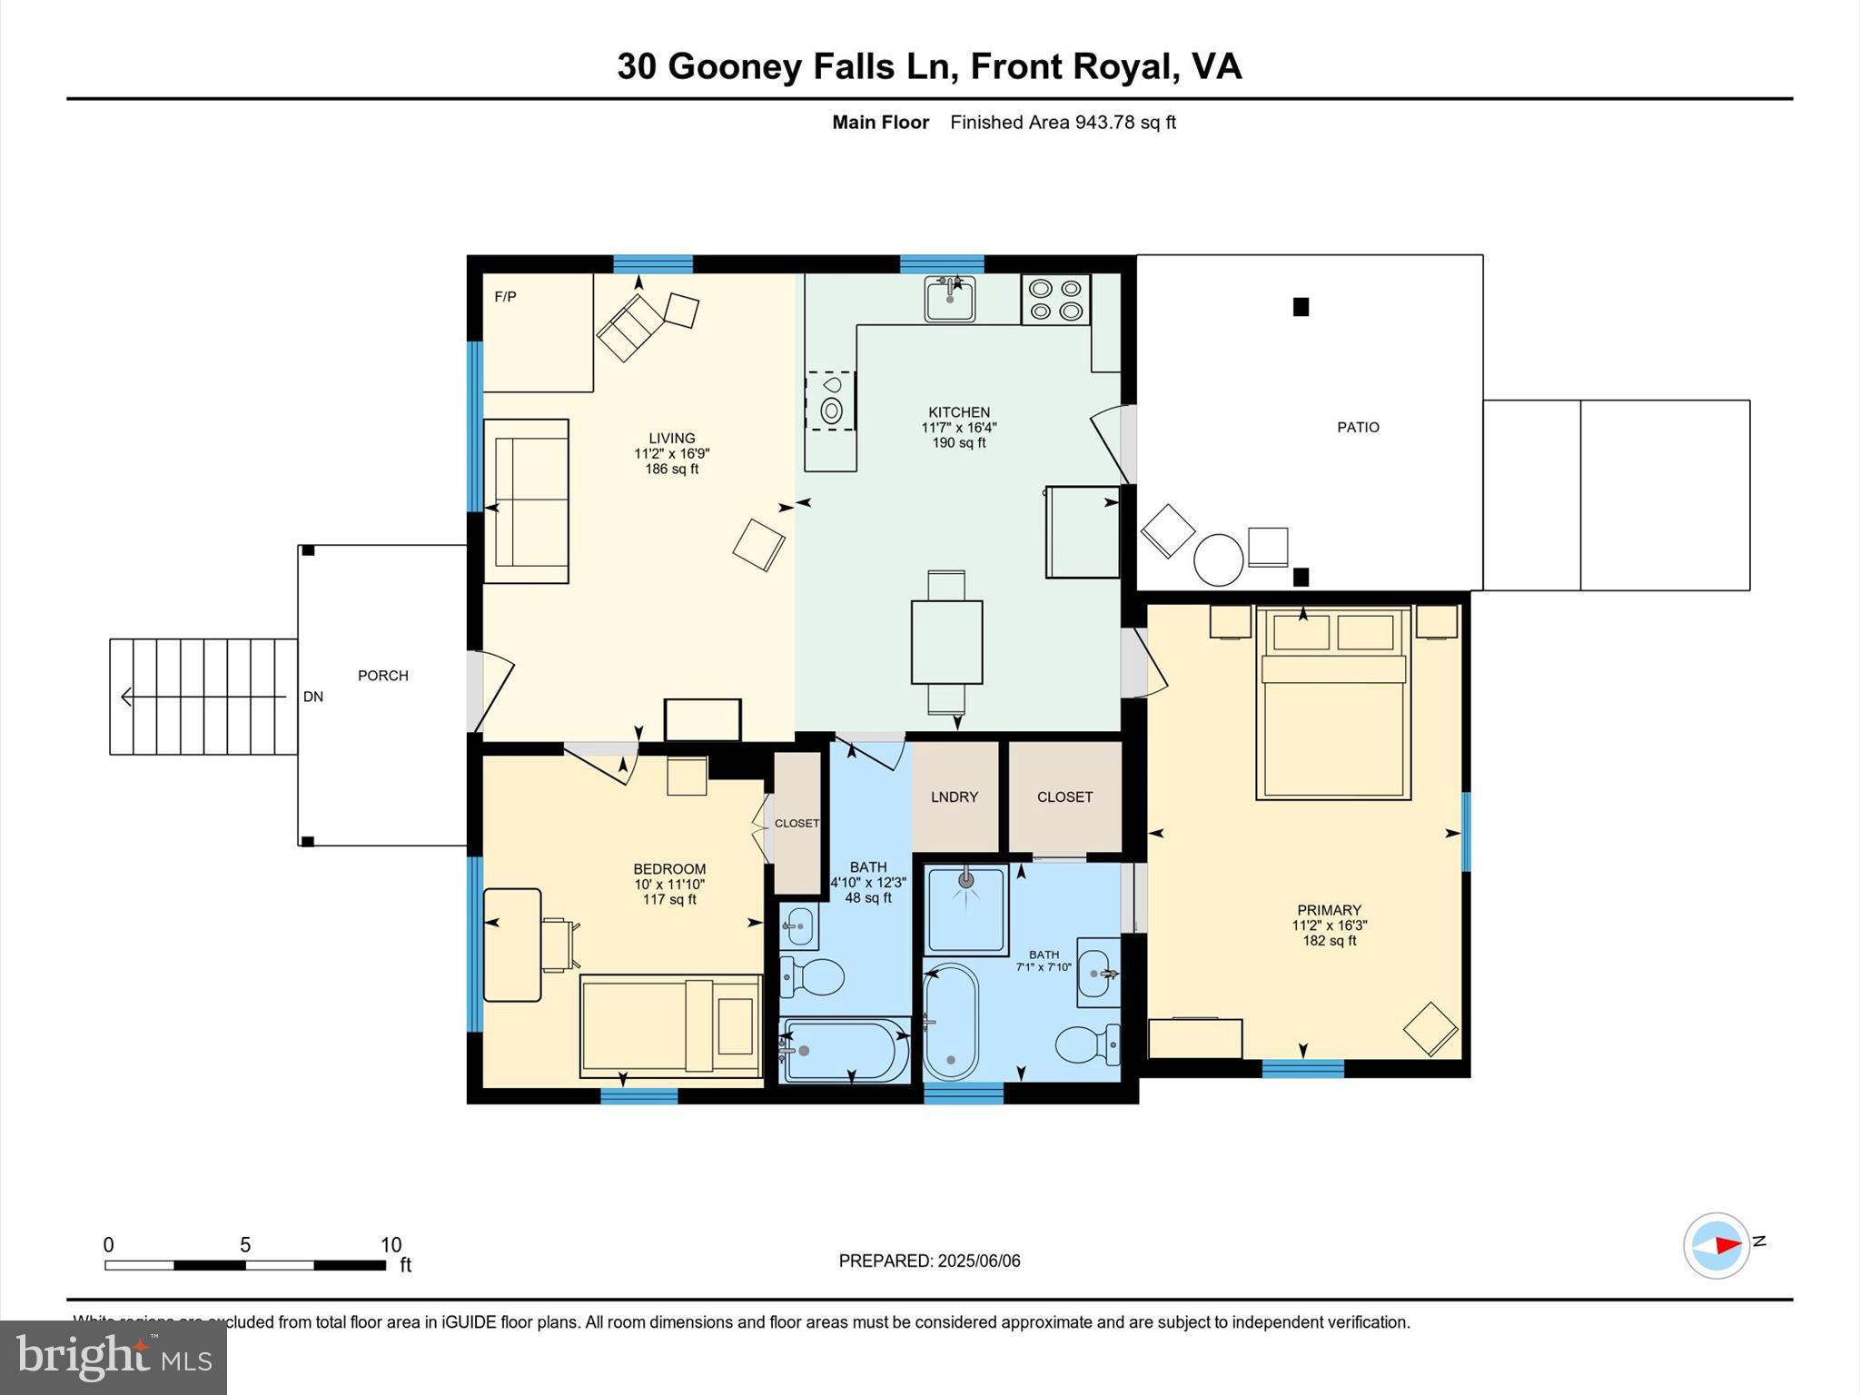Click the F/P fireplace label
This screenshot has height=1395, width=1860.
click(x=505, y=297)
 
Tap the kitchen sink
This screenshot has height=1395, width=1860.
click(x=949, y=299)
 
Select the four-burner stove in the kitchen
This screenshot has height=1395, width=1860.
click(x=1055, y=300)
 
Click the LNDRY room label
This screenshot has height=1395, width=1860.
click(x=954, y=796)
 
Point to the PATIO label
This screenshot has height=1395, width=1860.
click(x=1357, y=427)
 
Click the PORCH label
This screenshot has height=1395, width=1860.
click(x=382, y=676)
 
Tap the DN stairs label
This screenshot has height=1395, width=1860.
click(x=312, y=697)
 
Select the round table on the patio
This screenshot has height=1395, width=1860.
click(x=1217, y=559)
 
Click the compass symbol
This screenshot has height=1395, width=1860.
click(x=1716, y=1245)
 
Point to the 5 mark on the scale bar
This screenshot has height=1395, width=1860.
click(x=244, y=1245)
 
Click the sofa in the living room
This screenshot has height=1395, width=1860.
click(x=526, y=501)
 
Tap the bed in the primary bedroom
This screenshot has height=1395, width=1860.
click(x=1332, y=704)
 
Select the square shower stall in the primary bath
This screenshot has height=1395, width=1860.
click(x=965, y=909)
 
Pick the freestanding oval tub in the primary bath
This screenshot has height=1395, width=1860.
click(x=951, y=1021)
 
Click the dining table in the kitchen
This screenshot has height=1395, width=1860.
click(x=946, y=641)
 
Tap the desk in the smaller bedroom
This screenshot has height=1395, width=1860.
click(x=511, y=945)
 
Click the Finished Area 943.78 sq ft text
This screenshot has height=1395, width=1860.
click(x=1063, y=123)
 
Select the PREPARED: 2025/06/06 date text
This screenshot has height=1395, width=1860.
click(x=929, y=1261)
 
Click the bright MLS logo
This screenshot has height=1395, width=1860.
click(x=114, y=1358)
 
